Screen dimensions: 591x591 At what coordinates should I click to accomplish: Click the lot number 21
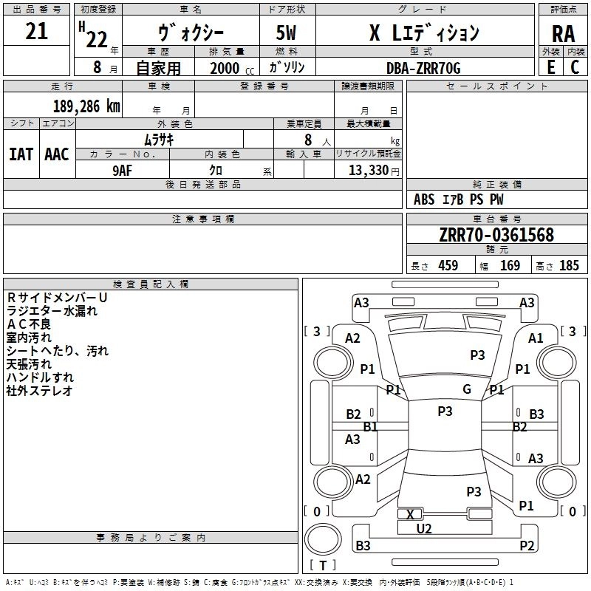pos(36,31)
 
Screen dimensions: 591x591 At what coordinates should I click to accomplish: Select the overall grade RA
pos(563,33)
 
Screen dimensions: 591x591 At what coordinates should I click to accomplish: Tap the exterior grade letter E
pos(550,66)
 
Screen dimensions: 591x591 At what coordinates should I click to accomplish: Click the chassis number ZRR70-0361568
pos(496,235)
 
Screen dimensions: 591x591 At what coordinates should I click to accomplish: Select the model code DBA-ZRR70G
pos(423,68)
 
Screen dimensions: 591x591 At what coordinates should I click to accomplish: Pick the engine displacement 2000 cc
pos(225,68)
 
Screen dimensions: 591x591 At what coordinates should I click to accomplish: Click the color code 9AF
pos(123,169)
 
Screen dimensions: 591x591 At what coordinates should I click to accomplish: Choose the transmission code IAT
pos(21,154)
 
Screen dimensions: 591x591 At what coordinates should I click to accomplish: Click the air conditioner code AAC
pos(57,154)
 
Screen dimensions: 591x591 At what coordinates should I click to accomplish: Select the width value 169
pos(510,265)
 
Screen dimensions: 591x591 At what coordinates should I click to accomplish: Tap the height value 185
pos(569,265)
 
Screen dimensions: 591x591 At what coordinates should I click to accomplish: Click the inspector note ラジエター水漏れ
pos(52,311)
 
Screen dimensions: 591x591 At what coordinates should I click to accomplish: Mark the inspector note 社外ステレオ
pos(41,391)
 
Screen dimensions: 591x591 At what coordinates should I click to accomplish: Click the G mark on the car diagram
pos(467,389)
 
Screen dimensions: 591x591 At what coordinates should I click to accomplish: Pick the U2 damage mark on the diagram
pos(424,528)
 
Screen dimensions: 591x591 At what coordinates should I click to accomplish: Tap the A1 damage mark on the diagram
pos(536,338)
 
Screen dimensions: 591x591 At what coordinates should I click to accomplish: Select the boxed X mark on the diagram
pos(410,514)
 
